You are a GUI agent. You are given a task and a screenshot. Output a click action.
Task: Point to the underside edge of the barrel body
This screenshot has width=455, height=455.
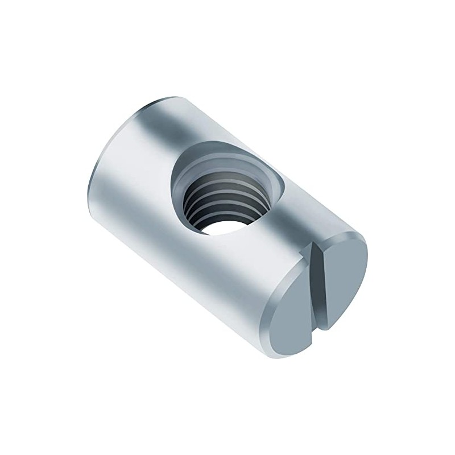[x=171, y=284]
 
